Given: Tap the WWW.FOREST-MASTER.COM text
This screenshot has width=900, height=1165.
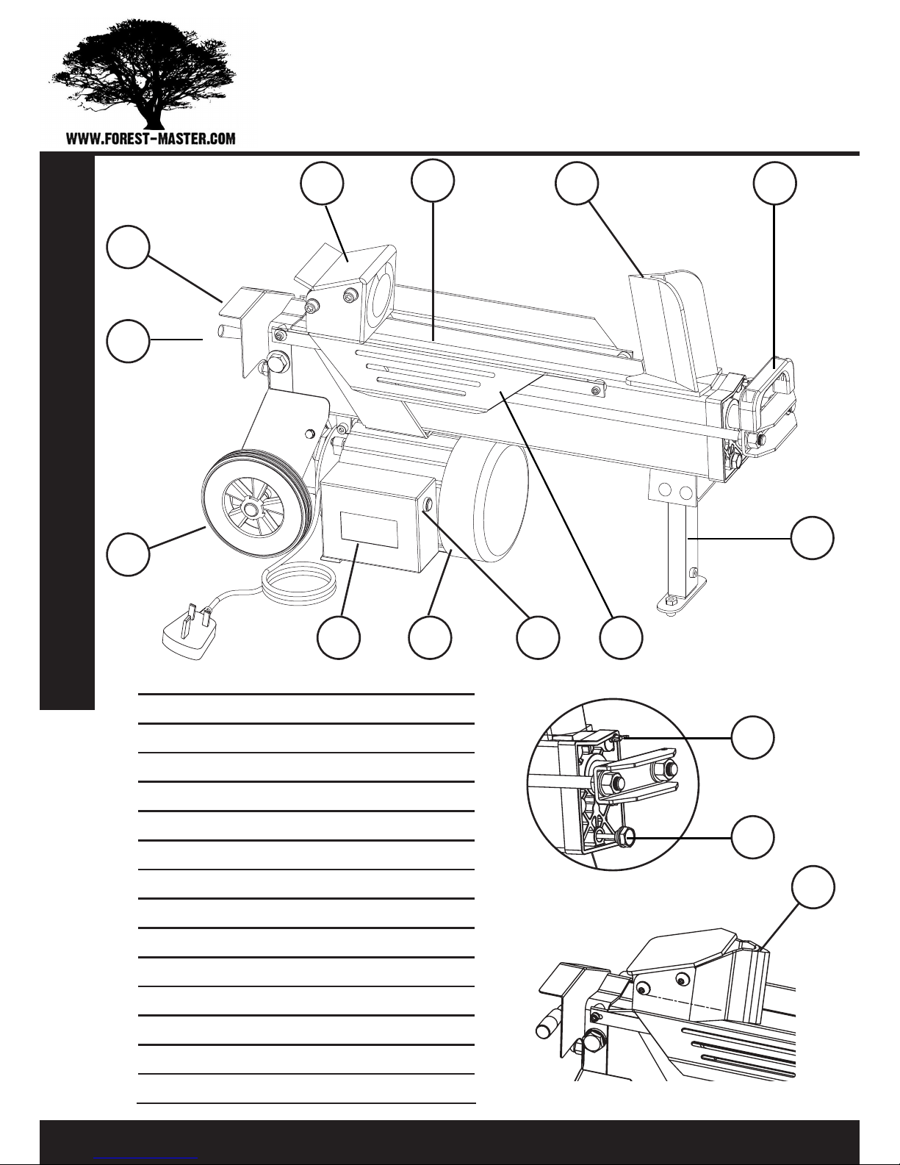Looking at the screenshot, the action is pyautogui.click(x=151, y=139).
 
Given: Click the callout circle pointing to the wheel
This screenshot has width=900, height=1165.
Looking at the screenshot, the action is pyautogui.click(x=128, y=553).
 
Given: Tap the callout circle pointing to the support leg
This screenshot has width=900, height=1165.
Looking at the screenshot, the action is pyautogui.click(x=812, y=538).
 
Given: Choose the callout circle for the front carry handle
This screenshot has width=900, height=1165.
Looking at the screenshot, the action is pyautogui.click(x=774, y=183).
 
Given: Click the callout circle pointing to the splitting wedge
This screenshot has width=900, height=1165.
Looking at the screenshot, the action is pyautogui.click(x=577, y=183).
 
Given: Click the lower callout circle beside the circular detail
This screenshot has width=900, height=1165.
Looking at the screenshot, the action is pyautogui.click(x=752, y=837).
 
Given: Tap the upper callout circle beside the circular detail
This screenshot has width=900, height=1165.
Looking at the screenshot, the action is pyautogui.click(x=752, y=736).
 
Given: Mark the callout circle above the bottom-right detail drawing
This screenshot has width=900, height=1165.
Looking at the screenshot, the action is pyautogui.click(x=813, y=886).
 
